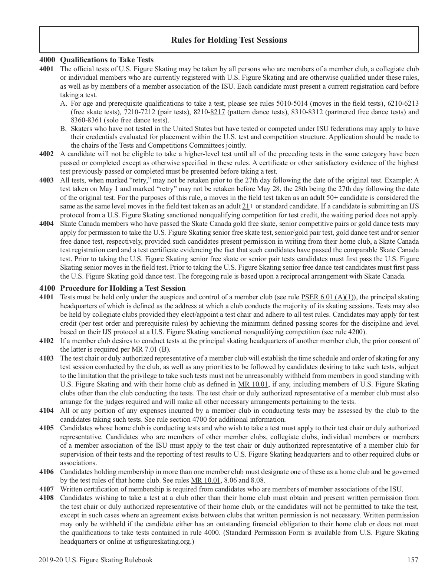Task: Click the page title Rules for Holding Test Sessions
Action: [229, 40]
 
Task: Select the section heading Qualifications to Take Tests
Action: [107, 60]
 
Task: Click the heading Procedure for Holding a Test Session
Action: [123, 288]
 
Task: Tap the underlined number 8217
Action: [218, 112]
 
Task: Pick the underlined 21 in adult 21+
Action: [245, 207]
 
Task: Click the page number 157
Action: [413, 560]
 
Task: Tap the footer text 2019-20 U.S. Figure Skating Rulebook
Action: [95, 560]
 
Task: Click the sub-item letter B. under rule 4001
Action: [63, 129]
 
